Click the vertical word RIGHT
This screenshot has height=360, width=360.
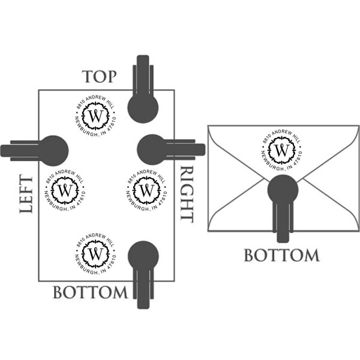click(187, 194)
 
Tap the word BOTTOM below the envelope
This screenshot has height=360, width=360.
click(281, 255)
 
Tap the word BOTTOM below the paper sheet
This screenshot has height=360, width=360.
click(91, 293)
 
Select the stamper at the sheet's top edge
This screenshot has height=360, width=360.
click(143, 96)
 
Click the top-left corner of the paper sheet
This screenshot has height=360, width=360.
click(39, 90)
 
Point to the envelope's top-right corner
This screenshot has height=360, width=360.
click(359, 125)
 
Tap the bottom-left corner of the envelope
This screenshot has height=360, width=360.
click(208, 230)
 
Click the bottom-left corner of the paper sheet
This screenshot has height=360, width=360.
click(39, 281)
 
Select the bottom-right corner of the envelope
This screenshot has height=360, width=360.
click(359, 230)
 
